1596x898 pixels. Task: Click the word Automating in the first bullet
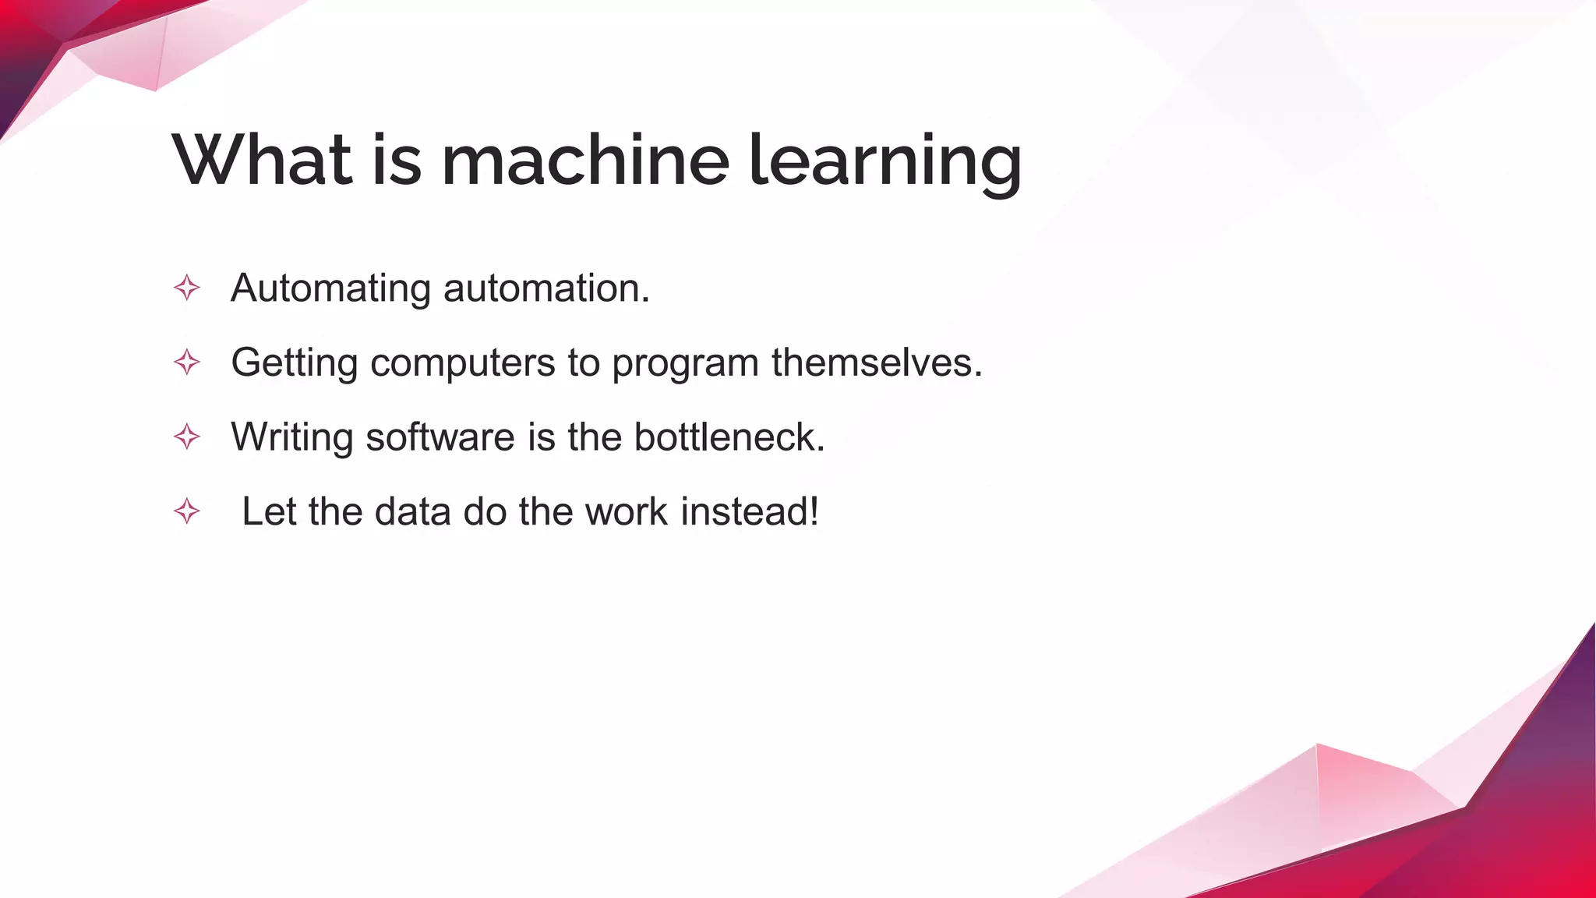(330, 289)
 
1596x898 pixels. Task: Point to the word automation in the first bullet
(546, 288)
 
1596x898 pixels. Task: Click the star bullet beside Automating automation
(187, 288)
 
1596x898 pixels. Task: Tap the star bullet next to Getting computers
(187, 362)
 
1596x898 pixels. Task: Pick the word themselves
(877, 362)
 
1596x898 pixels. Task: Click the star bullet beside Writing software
(187, 437)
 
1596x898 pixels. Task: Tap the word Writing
(292, 438)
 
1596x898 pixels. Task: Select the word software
(440, 437)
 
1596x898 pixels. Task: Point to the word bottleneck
(729, 437)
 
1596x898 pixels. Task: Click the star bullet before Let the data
(187, 512)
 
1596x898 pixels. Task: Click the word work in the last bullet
(626, 512)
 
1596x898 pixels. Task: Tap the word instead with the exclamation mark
(750, 512)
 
